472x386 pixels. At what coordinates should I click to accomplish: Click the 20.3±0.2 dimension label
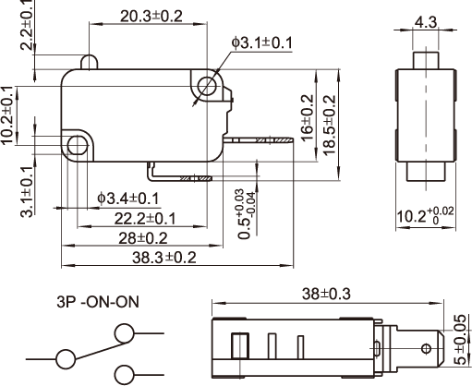pyautogui.click(x=151, y=17)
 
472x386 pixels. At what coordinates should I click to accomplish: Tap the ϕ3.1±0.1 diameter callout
pyautogui.click(x=262, y=42)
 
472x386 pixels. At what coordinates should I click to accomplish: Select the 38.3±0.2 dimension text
pyautogui.click(x=164, y=258)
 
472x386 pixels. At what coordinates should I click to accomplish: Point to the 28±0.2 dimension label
pyautogui.click(x=143, y=238)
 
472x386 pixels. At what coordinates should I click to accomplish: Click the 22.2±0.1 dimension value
pyautogui.click(x=145, y=219)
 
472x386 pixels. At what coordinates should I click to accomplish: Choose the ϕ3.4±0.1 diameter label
pyautogui.click(x=128, y=199)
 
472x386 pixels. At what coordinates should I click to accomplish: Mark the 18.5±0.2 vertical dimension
pyautogui.click(x=329, y=126)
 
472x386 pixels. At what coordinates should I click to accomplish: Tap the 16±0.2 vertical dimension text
pyautogui.click(x=308, y=118)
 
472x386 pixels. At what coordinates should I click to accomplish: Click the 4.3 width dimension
pyautogui.click(x=426, y=22)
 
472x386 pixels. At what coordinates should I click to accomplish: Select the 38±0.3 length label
pyautogui.click(x=326, y=294)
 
